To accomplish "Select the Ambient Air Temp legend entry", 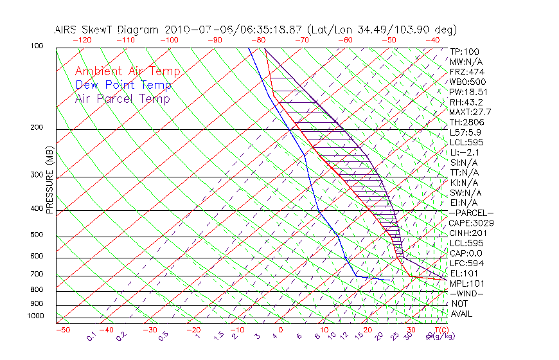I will point(127,71).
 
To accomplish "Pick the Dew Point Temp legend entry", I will point(123,85).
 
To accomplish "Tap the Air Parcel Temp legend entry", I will point(122,98).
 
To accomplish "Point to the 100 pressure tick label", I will point(37,46).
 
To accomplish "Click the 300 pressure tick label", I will point(37,175).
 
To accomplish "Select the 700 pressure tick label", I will point(37,274).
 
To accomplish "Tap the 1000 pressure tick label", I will point(35,316).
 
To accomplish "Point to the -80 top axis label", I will point(258,40).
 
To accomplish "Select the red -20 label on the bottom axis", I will point(193,330).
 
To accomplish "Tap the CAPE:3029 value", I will point(471,223).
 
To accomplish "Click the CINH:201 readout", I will point(467,233).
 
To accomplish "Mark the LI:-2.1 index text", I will point(465,152).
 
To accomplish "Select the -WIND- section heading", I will point(466,293).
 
